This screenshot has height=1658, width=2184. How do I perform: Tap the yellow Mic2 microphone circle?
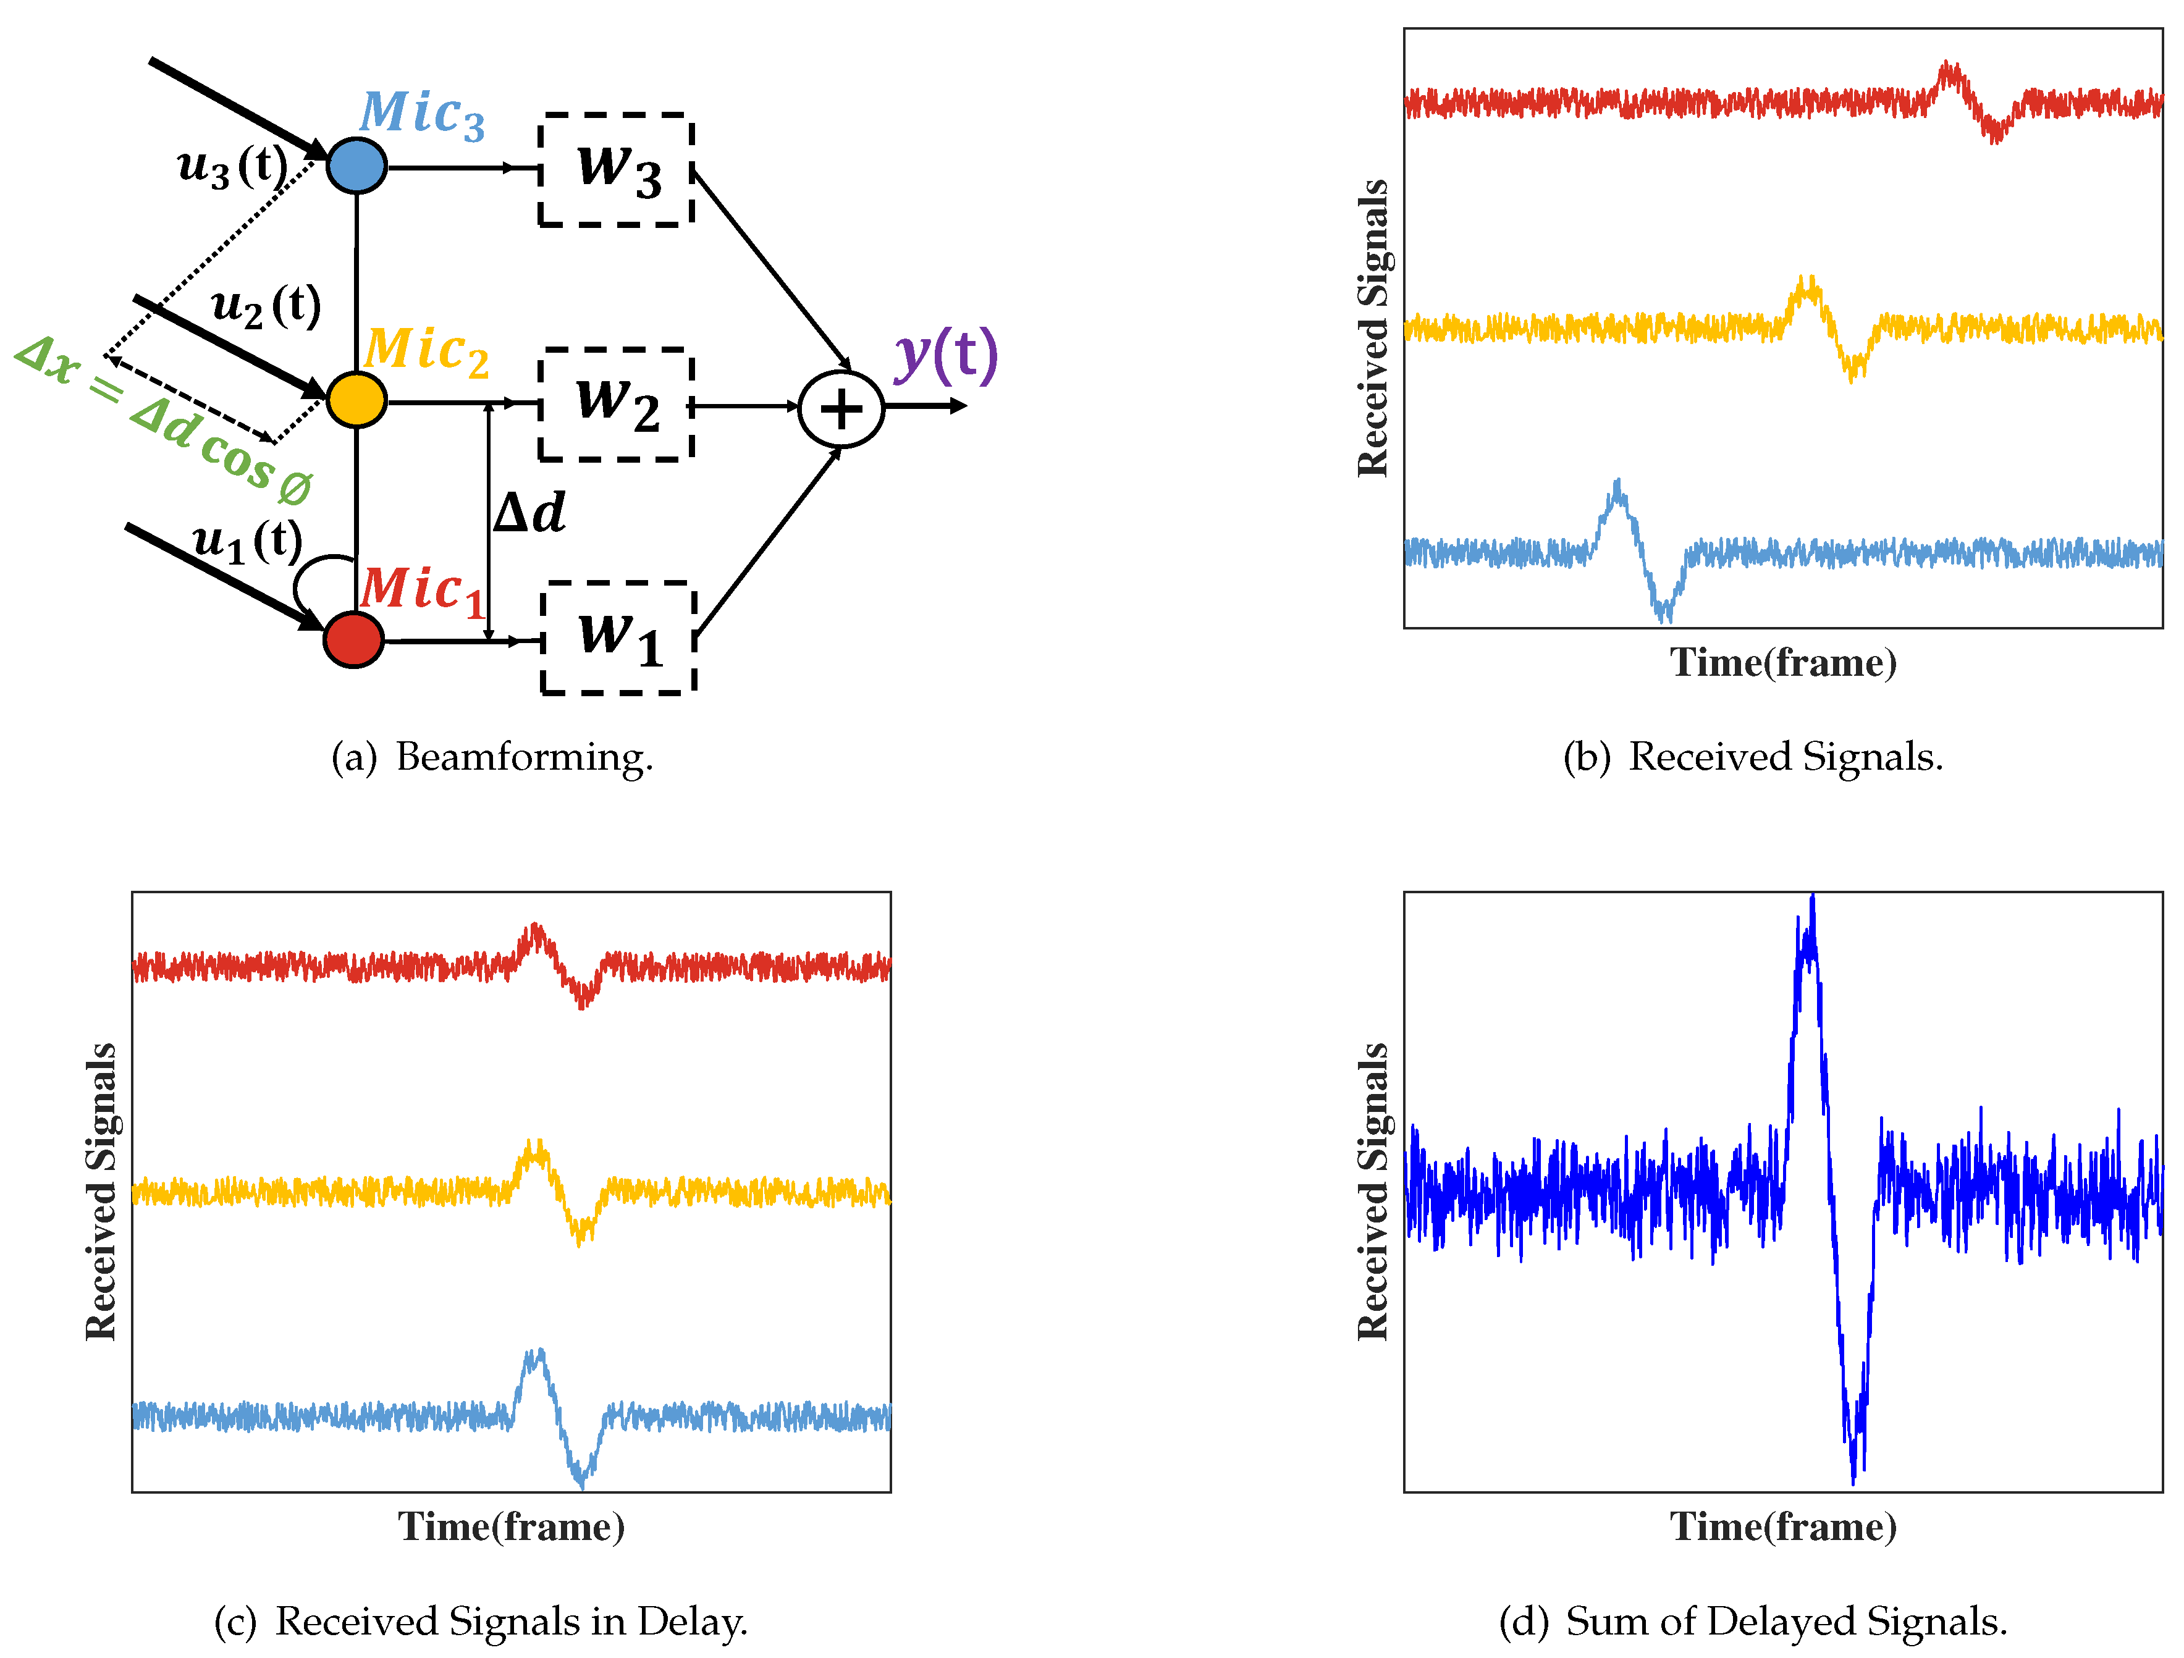click(x=355, y=400)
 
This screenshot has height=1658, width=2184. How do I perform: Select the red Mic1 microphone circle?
click(x=353, y=640)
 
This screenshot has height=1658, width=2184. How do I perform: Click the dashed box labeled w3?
click(x=616, y=170)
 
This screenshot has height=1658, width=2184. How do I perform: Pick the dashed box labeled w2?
click(x=616, y=404)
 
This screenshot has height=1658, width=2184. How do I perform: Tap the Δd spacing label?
click(x=529, y=513)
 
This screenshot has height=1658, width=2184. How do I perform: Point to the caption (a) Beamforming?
click(x=492, y=757)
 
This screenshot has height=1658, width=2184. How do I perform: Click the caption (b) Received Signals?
click(x=1753, y=757)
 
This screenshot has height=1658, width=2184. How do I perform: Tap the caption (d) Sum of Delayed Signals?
click(x=1753, y=1622)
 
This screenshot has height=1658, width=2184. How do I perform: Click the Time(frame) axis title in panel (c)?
click(x=512, y=1526)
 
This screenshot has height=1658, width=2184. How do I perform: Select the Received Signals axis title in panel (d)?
click(x=1373, y=1192)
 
